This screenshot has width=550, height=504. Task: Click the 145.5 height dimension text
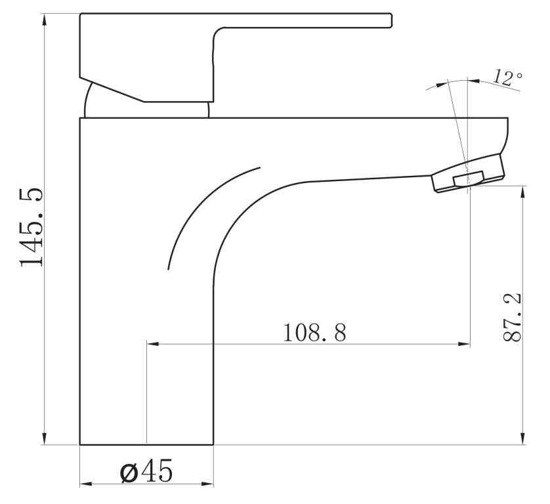(31, 227)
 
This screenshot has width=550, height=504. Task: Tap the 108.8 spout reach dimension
(314, 333)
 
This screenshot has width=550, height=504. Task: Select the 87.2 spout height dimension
(512, 318)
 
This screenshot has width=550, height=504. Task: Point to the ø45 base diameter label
(146, 471)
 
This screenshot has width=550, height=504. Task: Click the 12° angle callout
(508, 77)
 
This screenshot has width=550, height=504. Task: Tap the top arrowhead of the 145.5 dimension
(44, 20)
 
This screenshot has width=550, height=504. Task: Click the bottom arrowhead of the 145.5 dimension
(44, 438)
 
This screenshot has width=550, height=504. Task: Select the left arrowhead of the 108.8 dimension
(153, 344)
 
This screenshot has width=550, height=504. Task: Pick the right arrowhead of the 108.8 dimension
(464, 344)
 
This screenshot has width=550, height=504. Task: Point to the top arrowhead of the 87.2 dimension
(522, 192)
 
